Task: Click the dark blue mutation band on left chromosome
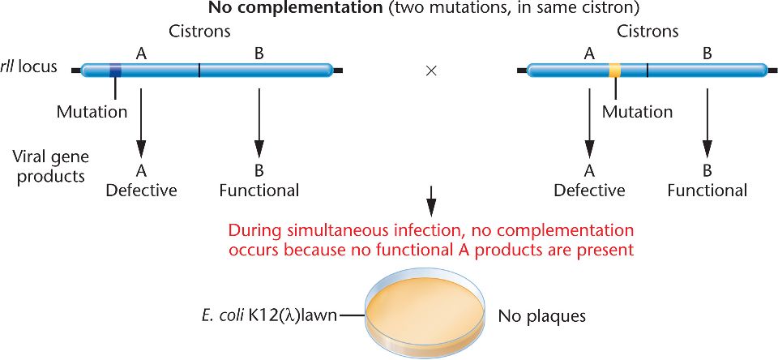tap(115, 71)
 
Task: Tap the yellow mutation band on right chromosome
tap(615, 71)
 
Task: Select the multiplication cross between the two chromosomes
tap(431, 71)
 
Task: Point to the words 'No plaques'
tap(541, 316)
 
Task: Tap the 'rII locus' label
tap(29, 66)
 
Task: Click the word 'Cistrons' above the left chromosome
tap(200, 32)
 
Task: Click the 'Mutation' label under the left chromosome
tap(92, 112)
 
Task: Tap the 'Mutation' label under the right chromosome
tap(637, 112)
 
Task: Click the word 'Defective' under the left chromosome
tap(141, 191)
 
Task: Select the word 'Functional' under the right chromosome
tap(707, 191)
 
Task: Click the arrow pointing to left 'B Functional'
tap(259, 122)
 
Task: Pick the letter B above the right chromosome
tap(707, 54)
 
